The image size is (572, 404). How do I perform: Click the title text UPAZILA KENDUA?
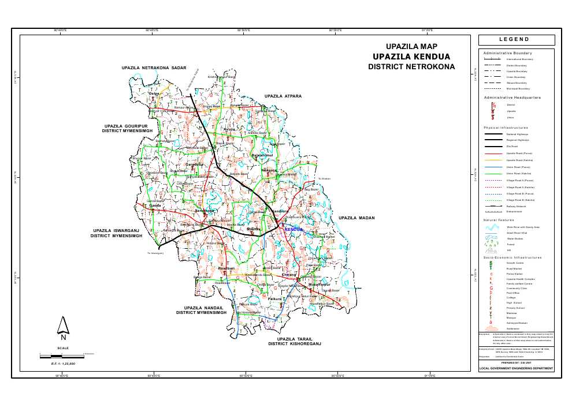tap(411, 57)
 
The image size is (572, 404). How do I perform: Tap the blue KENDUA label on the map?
tap(294, 229)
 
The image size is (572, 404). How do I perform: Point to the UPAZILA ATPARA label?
tap(283, 96)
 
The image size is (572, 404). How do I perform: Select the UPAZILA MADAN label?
tap(356, 218)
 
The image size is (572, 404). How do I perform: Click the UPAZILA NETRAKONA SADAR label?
tap(154, 68)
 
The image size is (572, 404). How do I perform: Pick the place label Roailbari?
tap(226, 269)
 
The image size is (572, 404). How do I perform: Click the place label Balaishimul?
tap(262, 156)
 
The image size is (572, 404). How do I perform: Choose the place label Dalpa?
tap(154, 93)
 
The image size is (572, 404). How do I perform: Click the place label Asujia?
tap(229, 129)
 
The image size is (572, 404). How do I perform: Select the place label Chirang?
tap(289, 274)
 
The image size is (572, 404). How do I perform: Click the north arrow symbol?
tap(64, 327)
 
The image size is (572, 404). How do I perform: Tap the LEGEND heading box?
tap(517, 40)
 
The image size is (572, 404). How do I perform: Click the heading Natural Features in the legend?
tap(499, 220)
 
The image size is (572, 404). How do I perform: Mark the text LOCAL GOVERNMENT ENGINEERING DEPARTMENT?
tap(517, 368)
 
